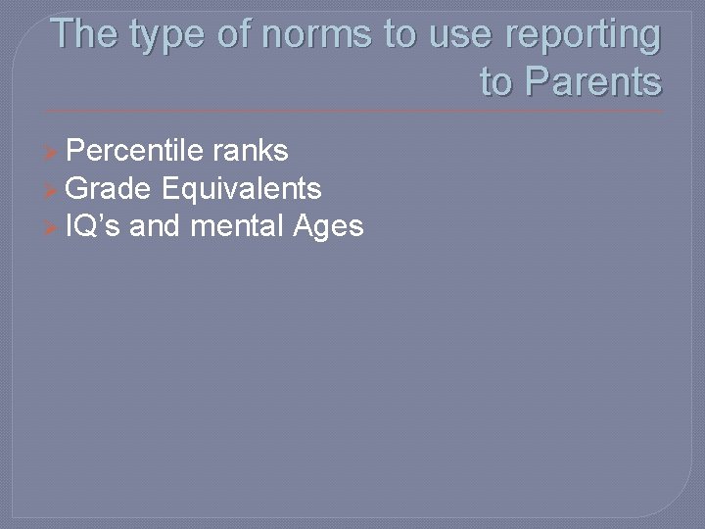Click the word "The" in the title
[x=85, y=34]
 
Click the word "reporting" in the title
[x=583, y=36]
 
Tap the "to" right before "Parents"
[x=496, y=81]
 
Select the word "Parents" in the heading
[x=592, y=81]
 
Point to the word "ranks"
[x=252, y=150]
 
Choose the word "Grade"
[x=111, y=188]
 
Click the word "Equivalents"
[x=243, y=188]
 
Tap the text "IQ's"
[x=93, y=226]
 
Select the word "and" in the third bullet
[x=156, y=226]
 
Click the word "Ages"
[x=328, y=226]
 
